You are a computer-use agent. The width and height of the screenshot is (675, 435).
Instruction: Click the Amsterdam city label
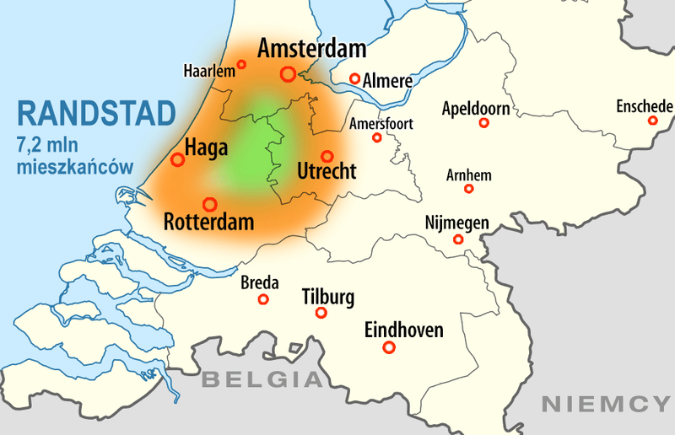[311, 49]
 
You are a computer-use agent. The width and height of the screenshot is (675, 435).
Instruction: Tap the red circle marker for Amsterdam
[288, 74]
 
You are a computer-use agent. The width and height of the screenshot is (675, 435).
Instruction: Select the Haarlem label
[208, 72]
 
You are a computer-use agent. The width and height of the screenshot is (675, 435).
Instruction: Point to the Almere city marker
[356, 79]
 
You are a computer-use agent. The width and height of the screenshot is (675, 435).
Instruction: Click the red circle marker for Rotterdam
[209, 204]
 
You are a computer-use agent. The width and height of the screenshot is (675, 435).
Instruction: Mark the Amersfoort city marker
[377, 137]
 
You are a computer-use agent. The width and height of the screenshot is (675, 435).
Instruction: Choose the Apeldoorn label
[475, 109]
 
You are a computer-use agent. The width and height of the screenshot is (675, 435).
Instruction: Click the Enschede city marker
[652, 121]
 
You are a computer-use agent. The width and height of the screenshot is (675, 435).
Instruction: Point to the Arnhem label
[468, 175]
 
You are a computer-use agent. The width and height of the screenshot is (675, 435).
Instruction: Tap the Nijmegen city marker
[459, 239]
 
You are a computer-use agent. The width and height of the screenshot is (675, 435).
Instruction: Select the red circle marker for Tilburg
[321, 313]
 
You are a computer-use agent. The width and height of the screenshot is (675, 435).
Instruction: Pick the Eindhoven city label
[403, 330]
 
